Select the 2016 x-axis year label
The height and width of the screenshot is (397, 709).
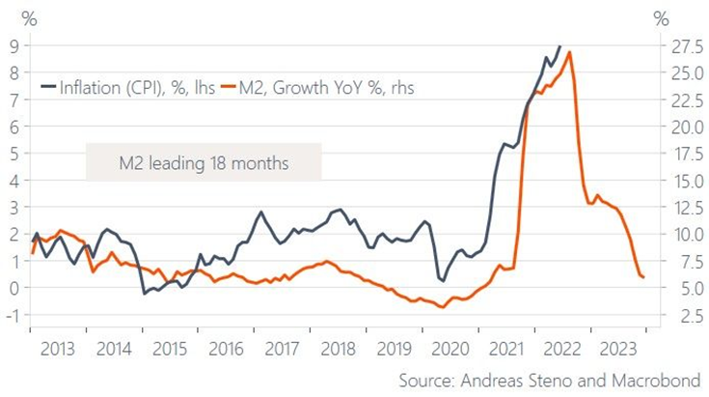[x=226, y=350]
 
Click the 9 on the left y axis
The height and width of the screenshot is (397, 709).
[x=14, y=44]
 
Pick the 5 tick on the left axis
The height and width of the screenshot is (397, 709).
[x=14, y=153]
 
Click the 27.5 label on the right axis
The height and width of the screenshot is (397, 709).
[x=682, y=44]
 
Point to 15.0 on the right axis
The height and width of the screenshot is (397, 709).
[x=682, y=180]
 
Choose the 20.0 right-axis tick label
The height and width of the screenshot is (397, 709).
[x=682, y=126]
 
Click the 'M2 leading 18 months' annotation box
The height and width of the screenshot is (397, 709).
[x=203, y=162]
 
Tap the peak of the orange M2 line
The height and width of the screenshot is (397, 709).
[x=570, y=52]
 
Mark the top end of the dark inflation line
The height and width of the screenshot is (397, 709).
[x=560, y=45]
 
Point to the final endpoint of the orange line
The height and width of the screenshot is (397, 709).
[x=643, y=277]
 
